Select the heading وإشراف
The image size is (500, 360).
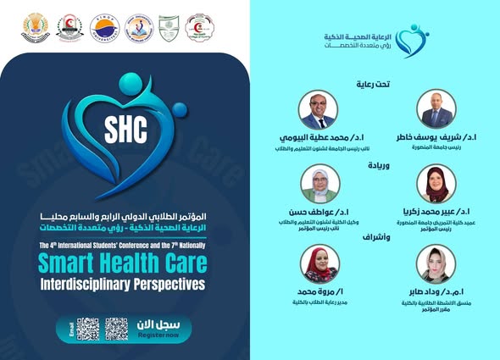click(x=377, y=236)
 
